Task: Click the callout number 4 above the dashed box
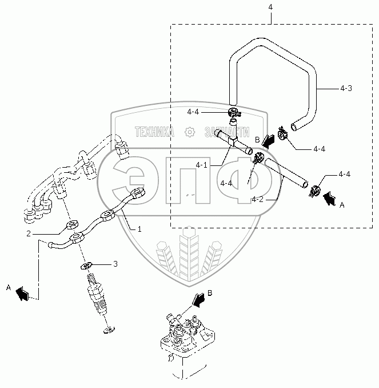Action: point(270,7)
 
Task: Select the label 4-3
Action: point(346,88)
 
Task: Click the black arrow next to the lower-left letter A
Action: point(23,294)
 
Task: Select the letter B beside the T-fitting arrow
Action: point(257,140)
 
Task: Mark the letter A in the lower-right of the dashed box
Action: point(342,204)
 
